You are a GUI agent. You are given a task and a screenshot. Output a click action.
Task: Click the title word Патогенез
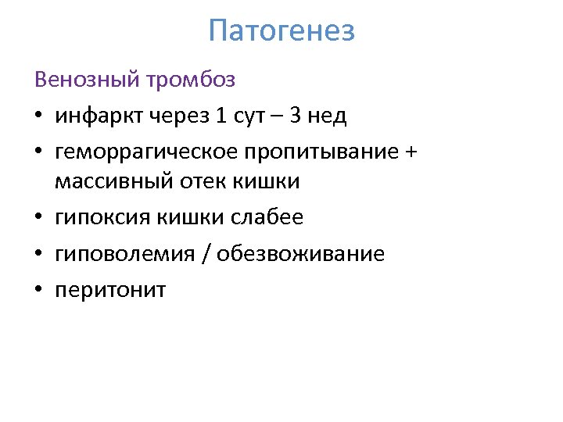tap(281, 31)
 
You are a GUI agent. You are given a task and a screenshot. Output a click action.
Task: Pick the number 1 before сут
tap(221, 116)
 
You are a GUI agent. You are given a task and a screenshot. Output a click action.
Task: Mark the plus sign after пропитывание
tap(411, 152)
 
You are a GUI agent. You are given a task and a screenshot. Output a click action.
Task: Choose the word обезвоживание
tap(300, 254)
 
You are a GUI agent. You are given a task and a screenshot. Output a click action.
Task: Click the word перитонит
tap(110, 291)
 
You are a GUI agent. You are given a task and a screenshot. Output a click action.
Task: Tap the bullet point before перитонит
tap(38, 291)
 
